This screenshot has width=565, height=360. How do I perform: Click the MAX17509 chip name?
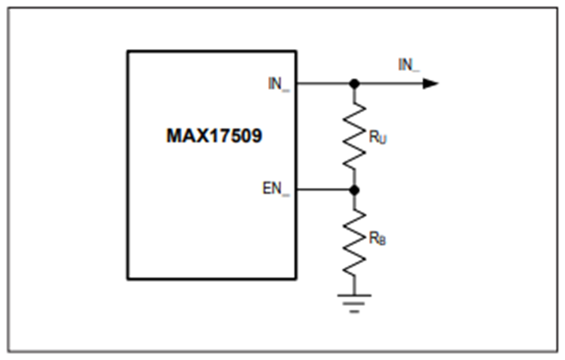pos(214,136)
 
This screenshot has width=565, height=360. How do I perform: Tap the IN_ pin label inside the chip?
pos(279,84)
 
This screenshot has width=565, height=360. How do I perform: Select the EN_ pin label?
pos(276,188)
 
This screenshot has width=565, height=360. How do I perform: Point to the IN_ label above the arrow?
pos(409,65)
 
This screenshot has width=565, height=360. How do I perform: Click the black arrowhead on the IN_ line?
pos(430,84)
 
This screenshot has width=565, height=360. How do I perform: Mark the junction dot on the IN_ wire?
pos(355,84)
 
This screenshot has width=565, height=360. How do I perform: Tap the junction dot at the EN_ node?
pos(355,190)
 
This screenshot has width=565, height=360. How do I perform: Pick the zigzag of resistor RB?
pos(355,243)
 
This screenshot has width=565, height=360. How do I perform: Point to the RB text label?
pos(377,239)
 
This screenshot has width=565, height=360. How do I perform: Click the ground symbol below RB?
pos(355,303)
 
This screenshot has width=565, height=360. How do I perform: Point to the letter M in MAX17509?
pos(174,136)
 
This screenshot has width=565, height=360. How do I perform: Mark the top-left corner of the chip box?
pos(127,52)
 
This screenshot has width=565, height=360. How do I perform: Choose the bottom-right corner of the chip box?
pos(296,279)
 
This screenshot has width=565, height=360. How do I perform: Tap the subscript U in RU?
pos(383,139)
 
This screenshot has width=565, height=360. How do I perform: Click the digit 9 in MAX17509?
pos(257,136)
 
